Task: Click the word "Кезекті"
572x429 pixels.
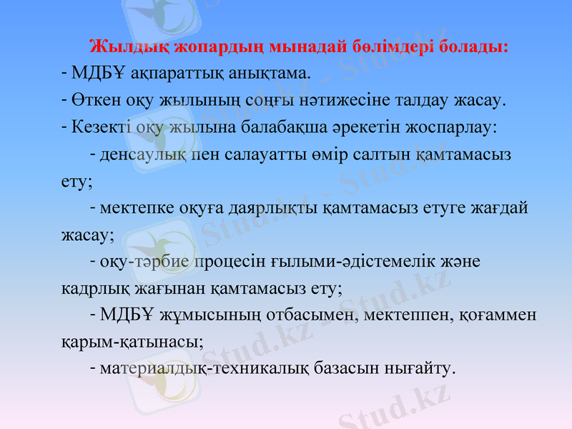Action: [x=97, y=127]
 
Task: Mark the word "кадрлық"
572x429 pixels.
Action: [x=89, y=288]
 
